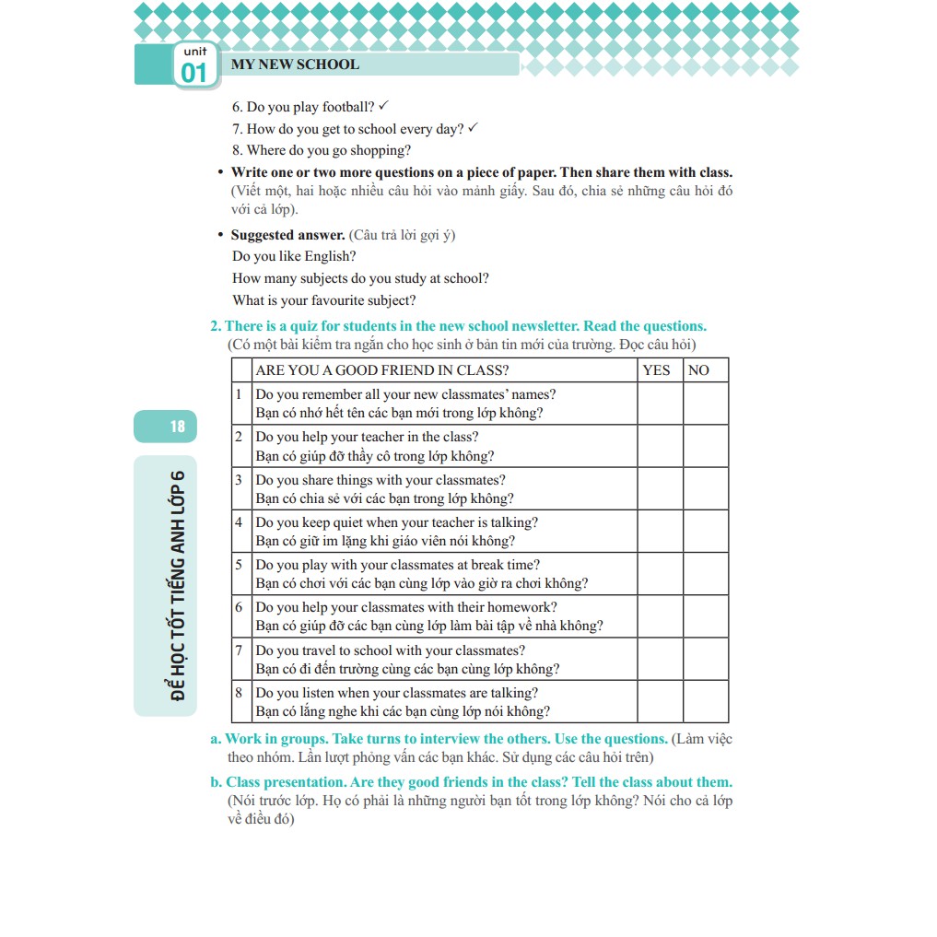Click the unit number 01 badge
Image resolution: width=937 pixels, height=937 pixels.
coord(194,66)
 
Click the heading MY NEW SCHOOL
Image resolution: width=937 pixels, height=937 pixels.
coord(295,64)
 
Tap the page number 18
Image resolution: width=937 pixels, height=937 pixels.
coord(177,426)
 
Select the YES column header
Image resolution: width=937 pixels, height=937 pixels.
coord(657,370)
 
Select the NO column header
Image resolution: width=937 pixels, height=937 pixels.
coord(698,370)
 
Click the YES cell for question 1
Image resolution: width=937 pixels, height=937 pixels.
coord(660,404)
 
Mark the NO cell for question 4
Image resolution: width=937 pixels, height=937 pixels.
coord(705,532)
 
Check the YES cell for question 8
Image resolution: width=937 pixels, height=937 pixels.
coord(660,702)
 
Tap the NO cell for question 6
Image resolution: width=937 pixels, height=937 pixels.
coord(705,616)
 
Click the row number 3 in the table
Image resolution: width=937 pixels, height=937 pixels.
coord(239,480)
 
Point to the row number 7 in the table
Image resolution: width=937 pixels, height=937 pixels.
coord(239,650)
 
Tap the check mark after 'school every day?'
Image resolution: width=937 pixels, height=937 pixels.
coord(473,128)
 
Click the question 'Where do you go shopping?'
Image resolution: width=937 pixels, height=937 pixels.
coord(322,150)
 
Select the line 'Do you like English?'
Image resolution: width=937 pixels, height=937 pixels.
coord(294,256)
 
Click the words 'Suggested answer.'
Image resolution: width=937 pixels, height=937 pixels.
coord(287,235)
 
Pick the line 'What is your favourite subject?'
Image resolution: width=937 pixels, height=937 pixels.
coord(324,300)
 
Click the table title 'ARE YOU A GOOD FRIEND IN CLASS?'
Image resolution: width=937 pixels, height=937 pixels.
coord(382,370)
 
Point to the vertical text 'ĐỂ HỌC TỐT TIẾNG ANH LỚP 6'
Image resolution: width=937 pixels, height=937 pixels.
coord(178,585)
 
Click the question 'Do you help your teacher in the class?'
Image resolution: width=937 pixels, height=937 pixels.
coord(367,437)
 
